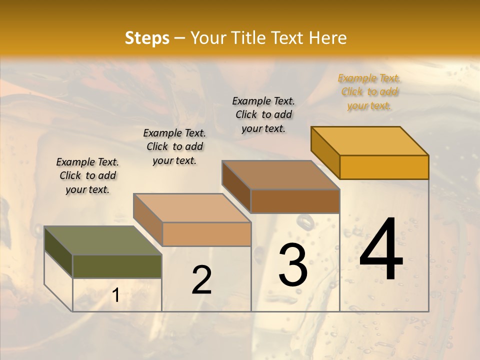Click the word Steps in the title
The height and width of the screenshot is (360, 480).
click(147, 38)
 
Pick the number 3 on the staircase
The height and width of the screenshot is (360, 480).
click(293, 265)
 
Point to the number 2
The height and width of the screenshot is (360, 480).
click(201, 280)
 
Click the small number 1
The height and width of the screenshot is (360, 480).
click(116, 295)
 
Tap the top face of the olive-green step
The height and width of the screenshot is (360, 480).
click(102, 240)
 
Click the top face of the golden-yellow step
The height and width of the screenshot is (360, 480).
click(370, 140)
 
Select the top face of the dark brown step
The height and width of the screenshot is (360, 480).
click(281, 175)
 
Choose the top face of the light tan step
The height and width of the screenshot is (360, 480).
click(192, 208)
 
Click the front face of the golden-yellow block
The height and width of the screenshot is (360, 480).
click(384, 167)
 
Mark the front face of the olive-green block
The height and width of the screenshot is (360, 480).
click(117, 266)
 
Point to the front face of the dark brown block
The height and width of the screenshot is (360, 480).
click(295, 201)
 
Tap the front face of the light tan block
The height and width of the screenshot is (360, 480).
click(206, 234)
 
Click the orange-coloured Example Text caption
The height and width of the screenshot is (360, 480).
click(369, 92)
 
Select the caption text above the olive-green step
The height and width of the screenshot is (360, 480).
click(87, 175)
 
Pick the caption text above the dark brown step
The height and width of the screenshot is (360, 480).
click(263, 114)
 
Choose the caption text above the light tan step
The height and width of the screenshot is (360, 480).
click(174, 146)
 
